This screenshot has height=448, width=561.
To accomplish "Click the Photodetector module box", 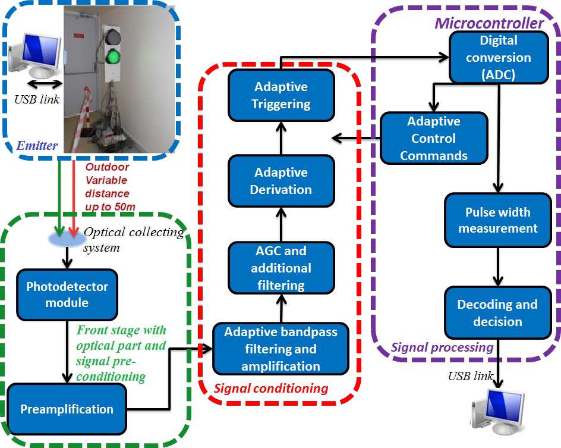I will (x=67, y=295).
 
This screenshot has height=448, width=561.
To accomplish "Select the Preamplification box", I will (x=67, y=409).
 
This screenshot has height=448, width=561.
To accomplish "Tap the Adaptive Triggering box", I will (x=281, y=95).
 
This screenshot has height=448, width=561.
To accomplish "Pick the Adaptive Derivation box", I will (x=281, y=181).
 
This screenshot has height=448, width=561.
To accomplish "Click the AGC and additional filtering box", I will (x=281, y=268).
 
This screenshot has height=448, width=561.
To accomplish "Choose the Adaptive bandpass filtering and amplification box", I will (x=280, y=349).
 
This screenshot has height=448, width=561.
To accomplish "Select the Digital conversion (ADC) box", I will (x=498, y=58).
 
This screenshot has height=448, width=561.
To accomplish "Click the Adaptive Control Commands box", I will (x=433, y=139).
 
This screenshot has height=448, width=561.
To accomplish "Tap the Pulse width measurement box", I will (x=498, y=220).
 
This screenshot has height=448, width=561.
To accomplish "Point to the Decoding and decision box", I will (x=497, y=312).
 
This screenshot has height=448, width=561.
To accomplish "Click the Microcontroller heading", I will (x=488, y=23).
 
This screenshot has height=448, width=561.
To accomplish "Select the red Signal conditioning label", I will (x=270, y=389).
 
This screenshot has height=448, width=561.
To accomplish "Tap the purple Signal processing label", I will (x=442, y=347).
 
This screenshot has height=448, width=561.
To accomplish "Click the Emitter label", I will (x=37, y=145).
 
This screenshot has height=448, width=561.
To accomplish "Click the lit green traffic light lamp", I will (x=113, y=57).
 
